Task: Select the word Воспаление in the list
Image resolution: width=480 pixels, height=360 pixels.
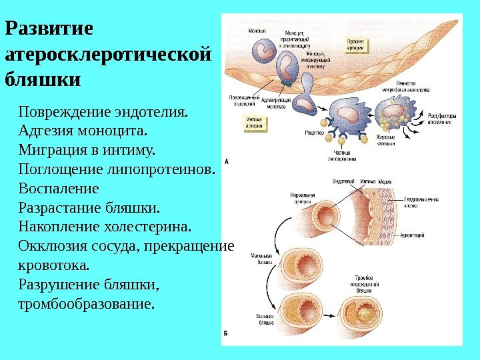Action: click(59, 187)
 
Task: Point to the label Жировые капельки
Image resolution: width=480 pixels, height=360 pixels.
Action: click(387, 140)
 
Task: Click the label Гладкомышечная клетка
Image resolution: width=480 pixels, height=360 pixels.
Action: click(420, 203)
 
